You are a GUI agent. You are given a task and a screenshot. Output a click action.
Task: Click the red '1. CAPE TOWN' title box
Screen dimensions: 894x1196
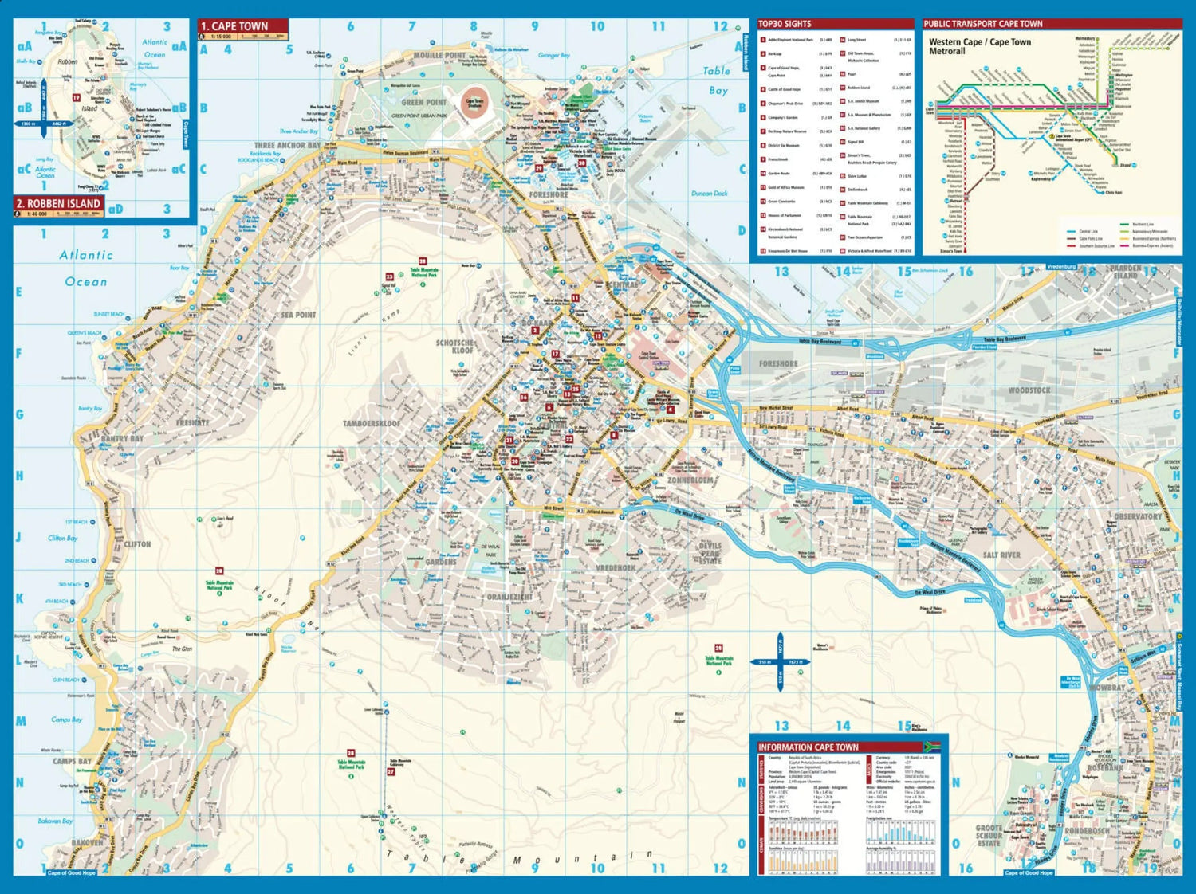242,26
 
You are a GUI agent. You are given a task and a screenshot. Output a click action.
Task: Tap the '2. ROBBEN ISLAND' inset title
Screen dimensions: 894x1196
58,203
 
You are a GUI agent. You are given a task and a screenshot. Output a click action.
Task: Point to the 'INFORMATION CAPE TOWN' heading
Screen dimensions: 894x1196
808,747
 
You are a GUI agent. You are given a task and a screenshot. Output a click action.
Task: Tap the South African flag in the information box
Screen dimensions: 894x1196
932,747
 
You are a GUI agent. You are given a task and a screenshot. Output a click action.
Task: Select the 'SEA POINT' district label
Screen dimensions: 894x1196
298,315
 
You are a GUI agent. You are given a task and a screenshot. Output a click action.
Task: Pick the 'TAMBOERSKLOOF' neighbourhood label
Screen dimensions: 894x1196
372,424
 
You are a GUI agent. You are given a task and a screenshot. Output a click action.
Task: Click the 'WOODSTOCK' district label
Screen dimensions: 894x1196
1029,390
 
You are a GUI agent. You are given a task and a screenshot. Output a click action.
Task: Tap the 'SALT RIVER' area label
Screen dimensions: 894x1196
1001,555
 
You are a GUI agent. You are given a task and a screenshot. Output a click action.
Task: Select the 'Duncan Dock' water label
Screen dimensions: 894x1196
709,194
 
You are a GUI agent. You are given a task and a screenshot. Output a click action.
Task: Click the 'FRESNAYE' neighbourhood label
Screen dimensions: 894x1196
192,422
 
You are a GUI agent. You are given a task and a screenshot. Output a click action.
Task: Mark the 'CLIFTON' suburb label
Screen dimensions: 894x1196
137,544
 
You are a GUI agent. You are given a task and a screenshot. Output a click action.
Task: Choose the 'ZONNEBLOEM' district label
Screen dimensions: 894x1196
690,481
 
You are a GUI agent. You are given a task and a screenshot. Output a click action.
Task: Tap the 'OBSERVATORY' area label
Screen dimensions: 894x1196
1137,516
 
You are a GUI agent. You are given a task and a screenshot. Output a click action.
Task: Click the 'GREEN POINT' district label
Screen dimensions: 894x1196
423,102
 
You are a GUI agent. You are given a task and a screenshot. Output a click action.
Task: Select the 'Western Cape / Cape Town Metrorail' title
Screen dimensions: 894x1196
979,46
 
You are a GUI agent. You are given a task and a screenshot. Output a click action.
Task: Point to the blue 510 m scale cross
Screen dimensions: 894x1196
778,662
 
